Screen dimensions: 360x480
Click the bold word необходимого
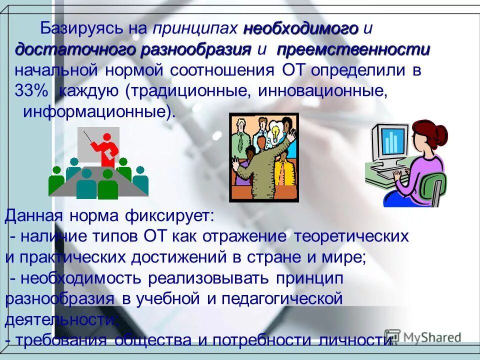pyautogui.click(x=301, y=29)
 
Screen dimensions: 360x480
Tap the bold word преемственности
pyautogui.click(x=353, y=50)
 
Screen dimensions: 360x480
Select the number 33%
pyautogui.click(x=31, y=91)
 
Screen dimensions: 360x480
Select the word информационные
pyautogui.click(x=96, y=112)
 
